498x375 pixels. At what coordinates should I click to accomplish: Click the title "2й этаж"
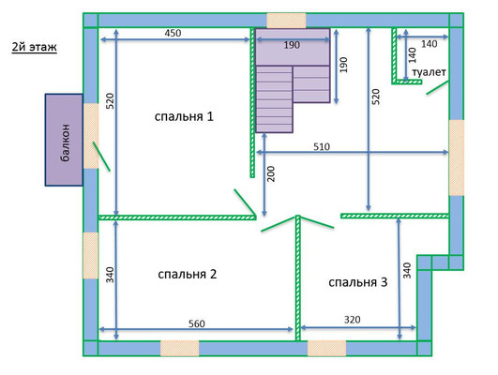(x=35, y=47)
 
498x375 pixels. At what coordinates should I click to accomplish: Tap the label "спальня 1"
(x=184, y=116)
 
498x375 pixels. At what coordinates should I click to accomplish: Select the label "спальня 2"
(x=187, y=274)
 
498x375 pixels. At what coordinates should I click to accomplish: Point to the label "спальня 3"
(x=358, y=282)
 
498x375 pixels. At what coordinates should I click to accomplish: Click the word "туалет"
(x=429, y=72)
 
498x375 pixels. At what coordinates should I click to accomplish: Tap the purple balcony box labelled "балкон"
(x=64, y=140)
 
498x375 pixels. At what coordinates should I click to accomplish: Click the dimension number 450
(x=173, y=33)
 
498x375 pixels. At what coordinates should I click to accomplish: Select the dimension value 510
(x=322, y=146)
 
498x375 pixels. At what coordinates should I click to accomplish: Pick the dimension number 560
(x=197, y=323)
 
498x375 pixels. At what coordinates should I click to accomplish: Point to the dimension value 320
(x=353, y=320)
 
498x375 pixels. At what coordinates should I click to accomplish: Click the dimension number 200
(x=271, y=173)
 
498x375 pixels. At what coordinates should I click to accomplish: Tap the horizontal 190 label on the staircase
(x=292, y=45)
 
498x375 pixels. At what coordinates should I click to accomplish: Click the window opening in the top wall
(x=286, y=21)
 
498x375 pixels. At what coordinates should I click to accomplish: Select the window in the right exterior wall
(x=457, y=157)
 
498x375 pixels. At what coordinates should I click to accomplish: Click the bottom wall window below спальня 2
(x=179, y=349)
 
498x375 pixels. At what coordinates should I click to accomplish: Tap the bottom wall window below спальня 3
(x=326, y=349)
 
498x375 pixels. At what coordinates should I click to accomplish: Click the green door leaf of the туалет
(x=437, y=87)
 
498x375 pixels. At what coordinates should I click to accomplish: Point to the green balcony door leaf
(x=101, y=157)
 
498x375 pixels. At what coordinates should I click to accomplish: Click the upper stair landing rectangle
(x=293, y=47)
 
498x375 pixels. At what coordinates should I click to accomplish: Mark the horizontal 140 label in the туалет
(x=430, y=44)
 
